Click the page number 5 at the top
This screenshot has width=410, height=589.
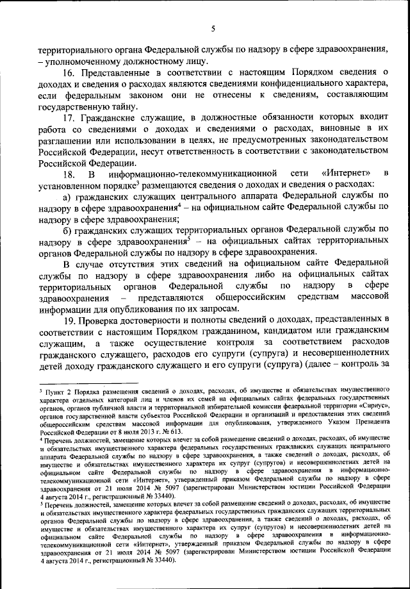click(x=213, y=28)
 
